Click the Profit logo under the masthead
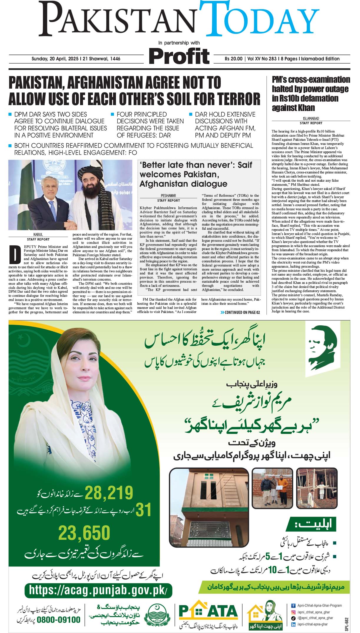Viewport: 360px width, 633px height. coord(179,56)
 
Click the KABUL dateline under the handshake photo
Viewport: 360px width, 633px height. coord(38,235)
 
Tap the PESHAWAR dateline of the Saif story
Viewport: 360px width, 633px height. coord(168,195)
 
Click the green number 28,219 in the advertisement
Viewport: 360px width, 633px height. coord(109,493)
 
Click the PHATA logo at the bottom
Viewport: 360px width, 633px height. coord(208,611)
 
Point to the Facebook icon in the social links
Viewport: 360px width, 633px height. coord(293,606)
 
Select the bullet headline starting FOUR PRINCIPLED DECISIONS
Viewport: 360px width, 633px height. coord(150,125)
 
